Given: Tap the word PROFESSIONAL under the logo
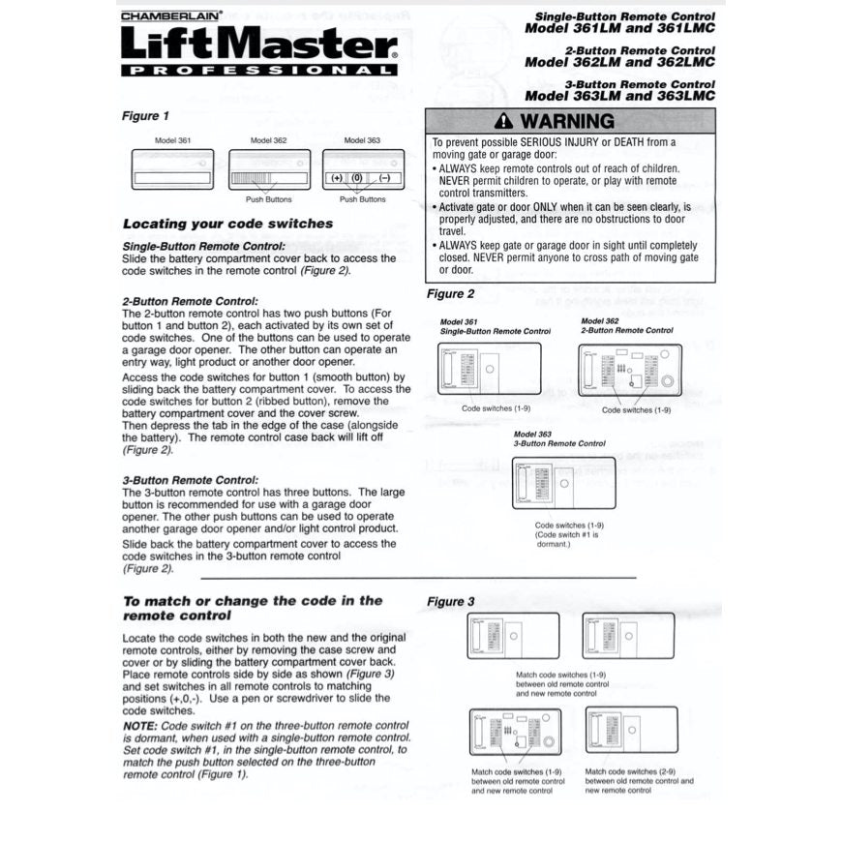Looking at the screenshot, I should point(258,71).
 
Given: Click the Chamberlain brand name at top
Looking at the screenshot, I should point(171,15).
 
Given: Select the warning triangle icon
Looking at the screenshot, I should point(502,122).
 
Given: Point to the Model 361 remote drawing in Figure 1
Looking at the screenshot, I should point(172,168).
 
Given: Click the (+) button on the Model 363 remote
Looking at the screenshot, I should point(337,179).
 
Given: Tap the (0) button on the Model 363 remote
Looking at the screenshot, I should point(356,179).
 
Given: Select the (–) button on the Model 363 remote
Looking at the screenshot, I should point(383,179).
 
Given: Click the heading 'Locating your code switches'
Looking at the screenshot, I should point(227,224).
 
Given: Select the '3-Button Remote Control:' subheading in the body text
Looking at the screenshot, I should point(191,480).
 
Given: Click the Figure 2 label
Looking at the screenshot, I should point(451,294).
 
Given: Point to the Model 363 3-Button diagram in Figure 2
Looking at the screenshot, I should point(563,483).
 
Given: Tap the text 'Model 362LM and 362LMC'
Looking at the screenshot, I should point(619,61).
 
